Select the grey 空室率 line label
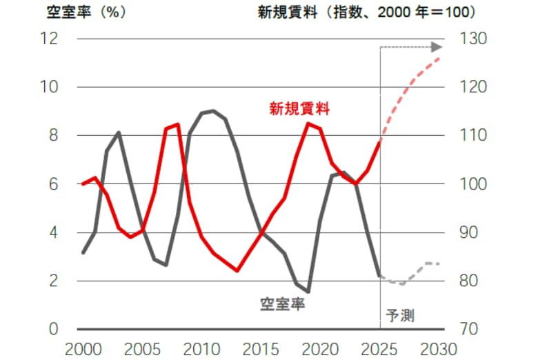(x=283, y=303)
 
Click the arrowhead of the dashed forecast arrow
(x=436, y=47)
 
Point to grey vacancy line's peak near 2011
(x=213, y=110)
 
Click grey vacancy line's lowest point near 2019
(x=308, y=292)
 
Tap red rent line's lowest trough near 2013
(x=237, y=270)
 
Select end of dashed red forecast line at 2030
(x=439, y=57)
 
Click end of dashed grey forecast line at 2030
(x=439, y=263)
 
